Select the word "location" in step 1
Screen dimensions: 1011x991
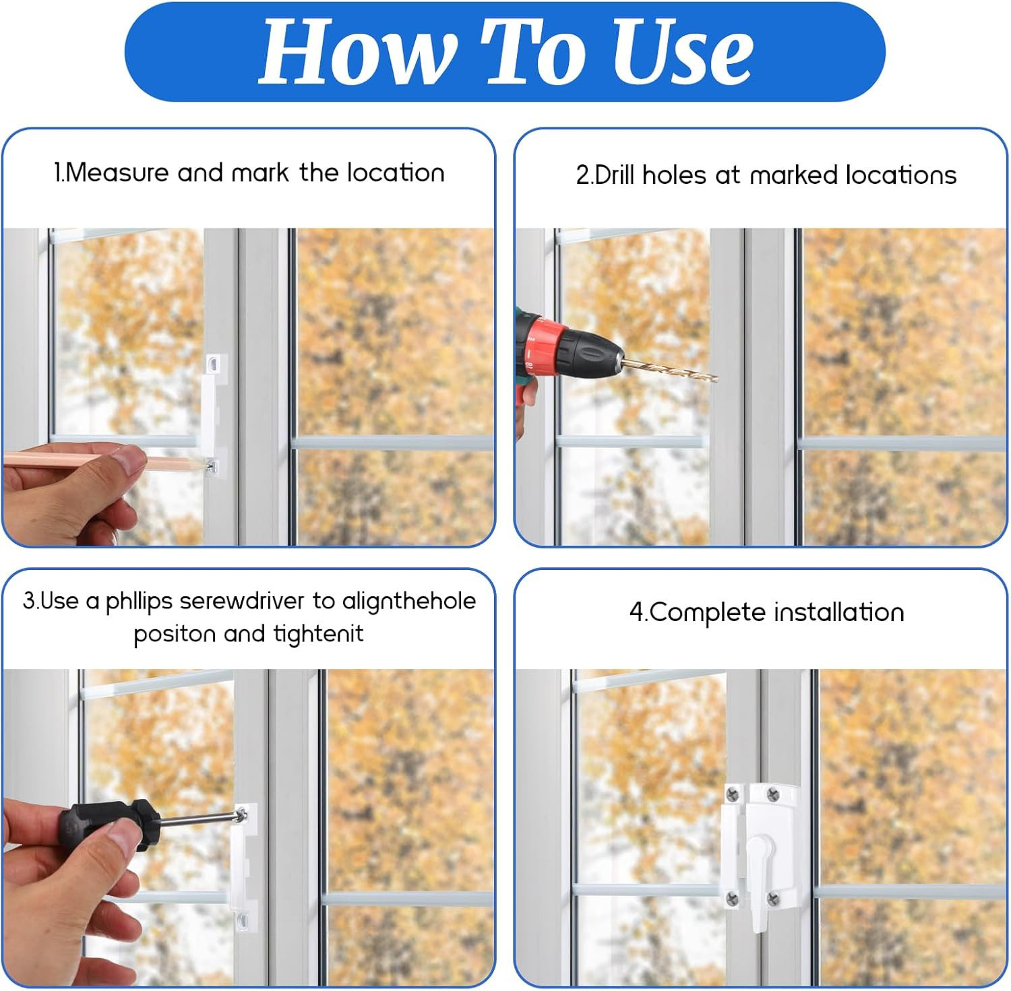396,173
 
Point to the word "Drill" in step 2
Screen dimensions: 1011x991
615,175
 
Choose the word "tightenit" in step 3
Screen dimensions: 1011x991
318,634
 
